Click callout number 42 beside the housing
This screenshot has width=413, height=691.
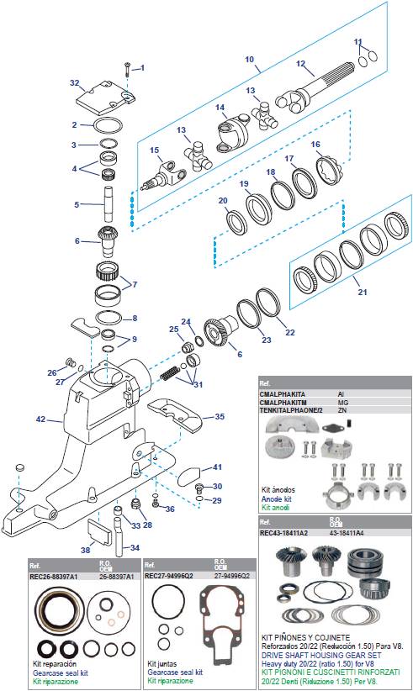click(40, 419)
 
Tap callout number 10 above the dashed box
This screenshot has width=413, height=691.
click(249, 59)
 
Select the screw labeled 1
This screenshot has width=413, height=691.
click(125, 68)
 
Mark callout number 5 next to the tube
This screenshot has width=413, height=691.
click(77, 204)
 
